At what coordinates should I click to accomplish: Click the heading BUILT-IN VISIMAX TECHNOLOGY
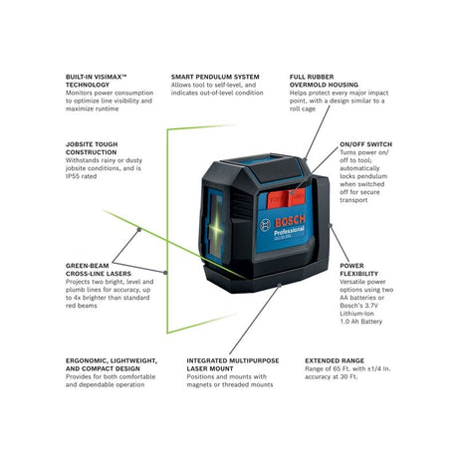[101, 83]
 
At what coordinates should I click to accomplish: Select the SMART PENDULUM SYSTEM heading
[213, 77]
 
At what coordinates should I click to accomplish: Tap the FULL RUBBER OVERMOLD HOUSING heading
[323, 83]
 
